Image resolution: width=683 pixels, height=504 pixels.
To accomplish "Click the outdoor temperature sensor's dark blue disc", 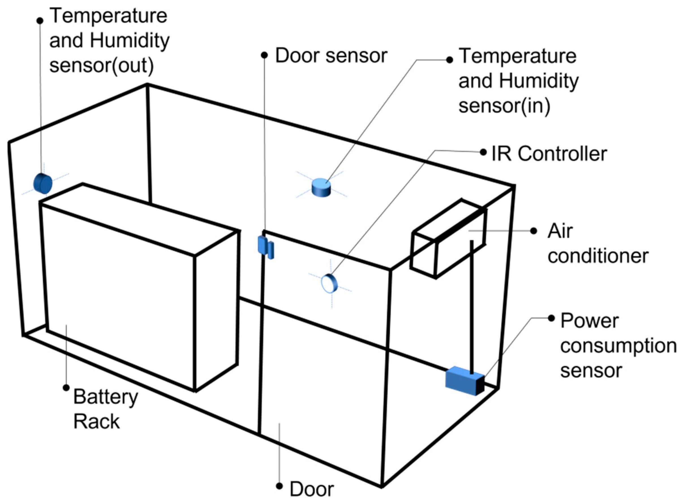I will (x=43, y=183).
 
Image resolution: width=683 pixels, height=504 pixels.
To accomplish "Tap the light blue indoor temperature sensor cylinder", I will (x=321, y=187).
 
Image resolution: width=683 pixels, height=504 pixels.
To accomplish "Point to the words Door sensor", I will (x=331, y=56).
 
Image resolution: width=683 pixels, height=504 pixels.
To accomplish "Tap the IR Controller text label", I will (x=549, y=154).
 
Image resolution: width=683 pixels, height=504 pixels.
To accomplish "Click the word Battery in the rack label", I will (x=106, y=397).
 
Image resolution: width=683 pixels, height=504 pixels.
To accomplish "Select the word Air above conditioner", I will (x=560, y=231).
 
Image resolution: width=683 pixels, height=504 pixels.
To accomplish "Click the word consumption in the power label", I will (x=618, y=346).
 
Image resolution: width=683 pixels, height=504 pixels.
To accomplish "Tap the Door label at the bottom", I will (x=312, y=489).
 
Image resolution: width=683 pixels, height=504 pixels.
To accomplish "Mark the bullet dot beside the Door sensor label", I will (x=265, y=55).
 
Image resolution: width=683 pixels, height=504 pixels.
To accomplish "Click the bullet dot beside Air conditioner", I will (x=534, y=231).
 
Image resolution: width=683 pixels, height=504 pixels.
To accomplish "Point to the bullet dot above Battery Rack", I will (x=66, y=388).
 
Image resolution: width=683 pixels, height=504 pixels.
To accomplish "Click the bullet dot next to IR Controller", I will (x=483, y=152).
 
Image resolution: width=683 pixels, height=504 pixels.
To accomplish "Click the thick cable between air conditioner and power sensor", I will (x=472, y=305).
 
